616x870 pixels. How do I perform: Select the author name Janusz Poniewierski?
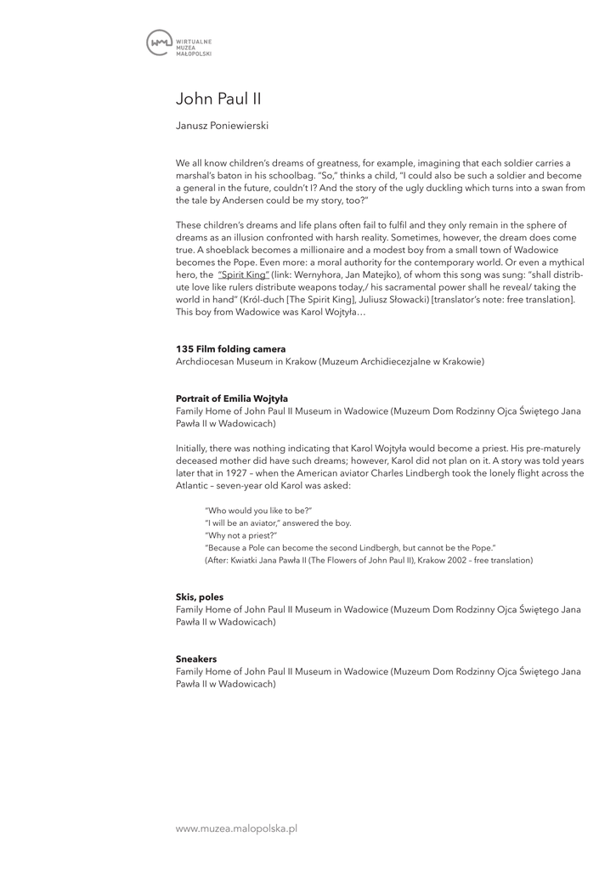(222, 126)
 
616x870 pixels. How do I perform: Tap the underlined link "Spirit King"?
(243, 275)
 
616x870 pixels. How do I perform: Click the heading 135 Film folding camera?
(230, 349)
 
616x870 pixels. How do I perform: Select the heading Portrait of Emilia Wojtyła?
(232, 398)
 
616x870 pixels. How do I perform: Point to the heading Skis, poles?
(200, 597)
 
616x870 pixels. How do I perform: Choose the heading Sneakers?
(196, 658)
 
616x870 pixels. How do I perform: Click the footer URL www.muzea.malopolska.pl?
(236, 828)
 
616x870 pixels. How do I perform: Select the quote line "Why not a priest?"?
(241, 535)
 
